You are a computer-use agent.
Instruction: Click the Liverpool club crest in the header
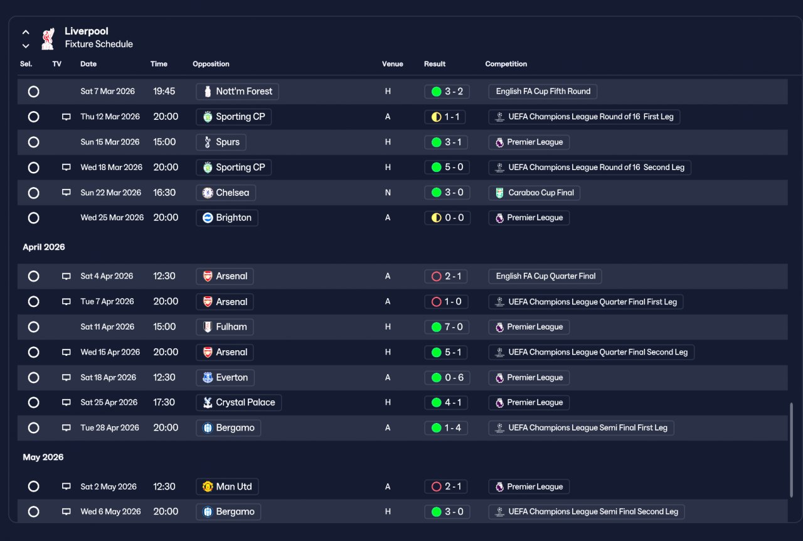tap(48, 38)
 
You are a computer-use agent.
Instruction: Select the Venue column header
tap(392, 64)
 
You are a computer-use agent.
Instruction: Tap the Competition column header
tap(506, 64)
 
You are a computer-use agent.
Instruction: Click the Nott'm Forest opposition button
tap(237, 92)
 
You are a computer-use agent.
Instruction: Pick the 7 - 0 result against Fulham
tap(447, 327)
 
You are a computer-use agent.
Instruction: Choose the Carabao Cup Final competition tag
tap(534, 193)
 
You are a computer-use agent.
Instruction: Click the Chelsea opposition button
tap(226, 193)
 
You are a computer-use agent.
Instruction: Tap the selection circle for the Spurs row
tap(34, 142)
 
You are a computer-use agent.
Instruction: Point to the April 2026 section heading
tap(44, 247)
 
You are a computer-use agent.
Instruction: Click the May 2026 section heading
tap(43, 457)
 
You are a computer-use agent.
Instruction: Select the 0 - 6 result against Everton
tap(447, 377)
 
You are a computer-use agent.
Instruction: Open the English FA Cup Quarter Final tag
tap(545, 276)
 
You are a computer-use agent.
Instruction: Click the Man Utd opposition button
tap(227, 486)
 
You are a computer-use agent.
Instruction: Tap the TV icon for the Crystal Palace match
tap(66, 402)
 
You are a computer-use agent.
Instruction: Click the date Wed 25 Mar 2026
tap(112, 218)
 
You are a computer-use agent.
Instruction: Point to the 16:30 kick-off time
tap(164, 193)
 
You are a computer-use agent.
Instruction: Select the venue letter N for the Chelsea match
tap(388, 193)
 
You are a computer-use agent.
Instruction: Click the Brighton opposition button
tap(227, 218)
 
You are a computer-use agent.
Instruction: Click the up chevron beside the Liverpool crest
tap(26, 32)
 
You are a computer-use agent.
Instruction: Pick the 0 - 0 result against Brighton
tap(447, 218)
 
